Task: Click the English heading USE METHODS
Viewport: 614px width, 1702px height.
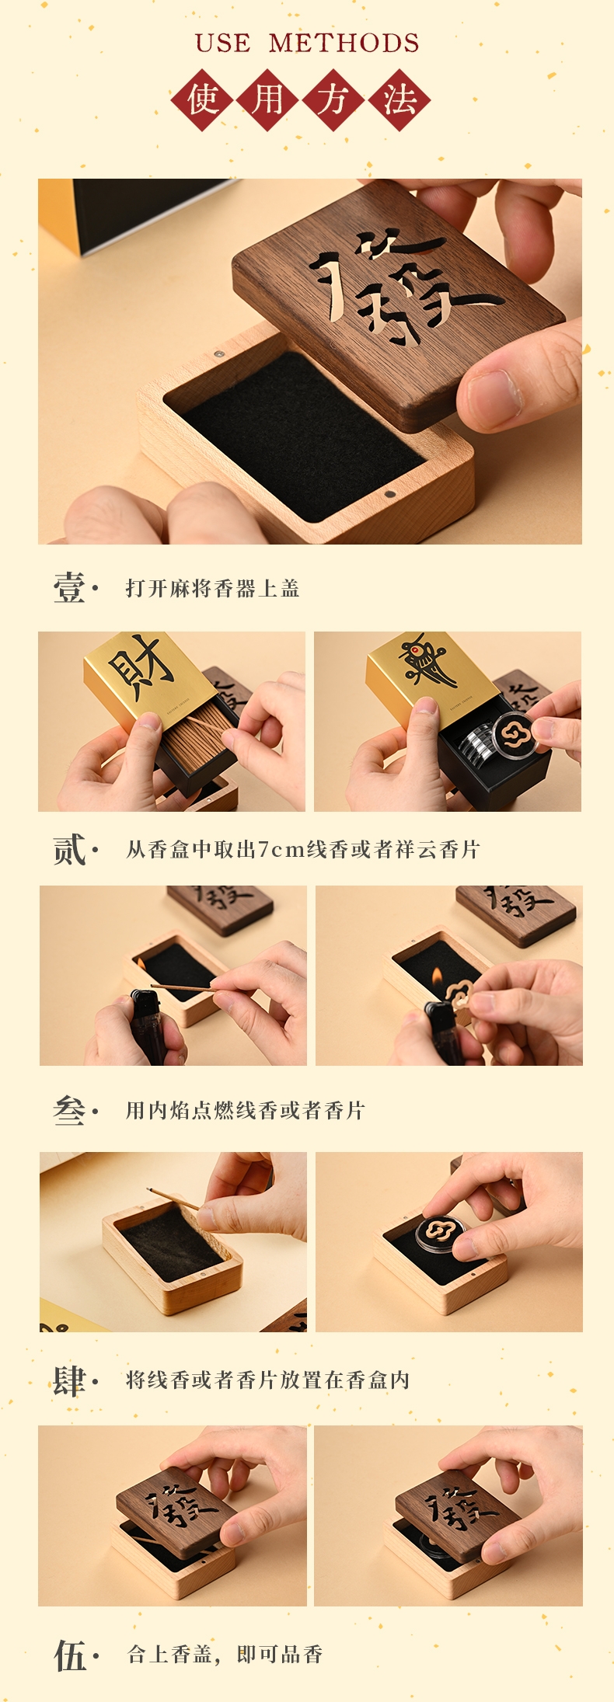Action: point(307,43)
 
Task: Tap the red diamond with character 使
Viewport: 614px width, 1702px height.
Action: point(204,99)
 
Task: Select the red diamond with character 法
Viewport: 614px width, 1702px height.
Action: point(399,99)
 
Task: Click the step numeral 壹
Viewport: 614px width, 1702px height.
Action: point(69,587)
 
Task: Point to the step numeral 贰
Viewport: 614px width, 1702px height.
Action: point(69,849)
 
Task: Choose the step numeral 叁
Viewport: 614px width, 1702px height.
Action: point(69,1110)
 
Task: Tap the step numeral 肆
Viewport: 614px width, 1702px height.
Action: point(69,1380)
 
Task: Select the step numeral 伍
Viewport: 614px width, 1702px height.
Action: point(69,1655)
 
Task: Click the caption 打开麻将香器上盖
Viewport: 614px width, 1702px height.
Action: point(212,588)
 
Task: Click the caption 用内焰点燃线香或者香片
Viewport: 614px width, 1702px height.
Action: point(245,1111)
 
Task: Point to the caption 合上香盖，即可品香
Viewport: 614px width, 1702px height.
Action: point(225,1655)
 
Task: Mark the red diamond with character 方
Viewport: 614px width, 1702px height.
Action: point(334,99)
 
